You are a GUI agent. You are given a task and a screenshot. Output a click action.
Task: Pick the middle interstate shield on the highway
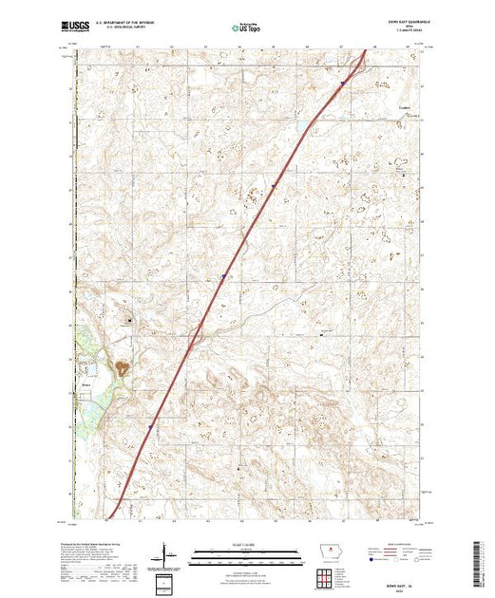click(221, 278)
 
